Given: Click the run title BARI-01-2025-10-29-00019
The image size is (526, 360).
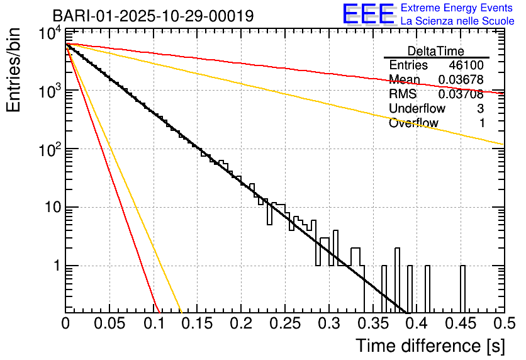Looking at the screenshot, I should pyautogui.click(x=153, y=16).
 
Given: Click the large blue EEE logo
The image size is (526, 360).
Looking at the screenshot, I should pyautogui.click(x=368, y=15).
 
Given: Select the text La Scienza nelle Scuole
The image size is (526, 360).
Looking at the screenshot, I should pyautogui.click(x=457, y=21).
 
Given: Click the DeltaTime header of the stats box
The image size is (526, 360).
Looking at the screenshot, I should pyautogui.click(x=436, y=51).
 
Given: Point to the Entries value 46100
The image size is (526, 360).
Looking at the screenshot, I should pyautogui.click(x=466, y=65).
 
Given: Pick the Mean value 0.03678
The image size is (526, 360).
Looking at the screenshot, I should pyautogui.click(x=461, y=80).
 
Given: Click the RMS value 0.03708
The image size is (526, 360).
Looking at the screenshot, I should pyautogui.click(x=461, y=94).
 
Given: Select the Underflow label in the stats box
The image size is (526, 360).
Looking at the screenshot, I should pyautogui.click(x=417, y=109).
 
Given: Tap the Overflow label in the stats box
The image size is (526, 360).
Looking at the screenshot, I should pyautogui.click(x=413, y=123).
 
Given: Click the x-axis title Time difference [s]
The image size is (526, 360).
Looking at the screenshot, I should pyautogui.click(x=429, y=346).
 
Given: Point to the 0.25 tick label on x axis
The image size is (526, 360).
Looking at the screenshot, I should pyautogui.click(x=284, y=325).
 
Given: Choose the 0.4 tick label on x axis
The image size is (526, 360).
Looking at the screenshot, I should pyautogui.click(x=416, y=325).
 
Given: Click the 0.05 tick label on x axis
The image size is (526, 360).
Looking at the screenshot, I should pyautogui.click(x=109, y=325).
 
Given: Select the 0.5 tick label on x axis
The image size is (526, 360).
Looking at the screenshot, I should pyautogui.click(x=503, y=325).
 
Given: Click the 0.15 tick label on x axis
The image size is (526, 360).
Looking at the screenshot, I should pyautogui.click(x=197, y=325).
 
